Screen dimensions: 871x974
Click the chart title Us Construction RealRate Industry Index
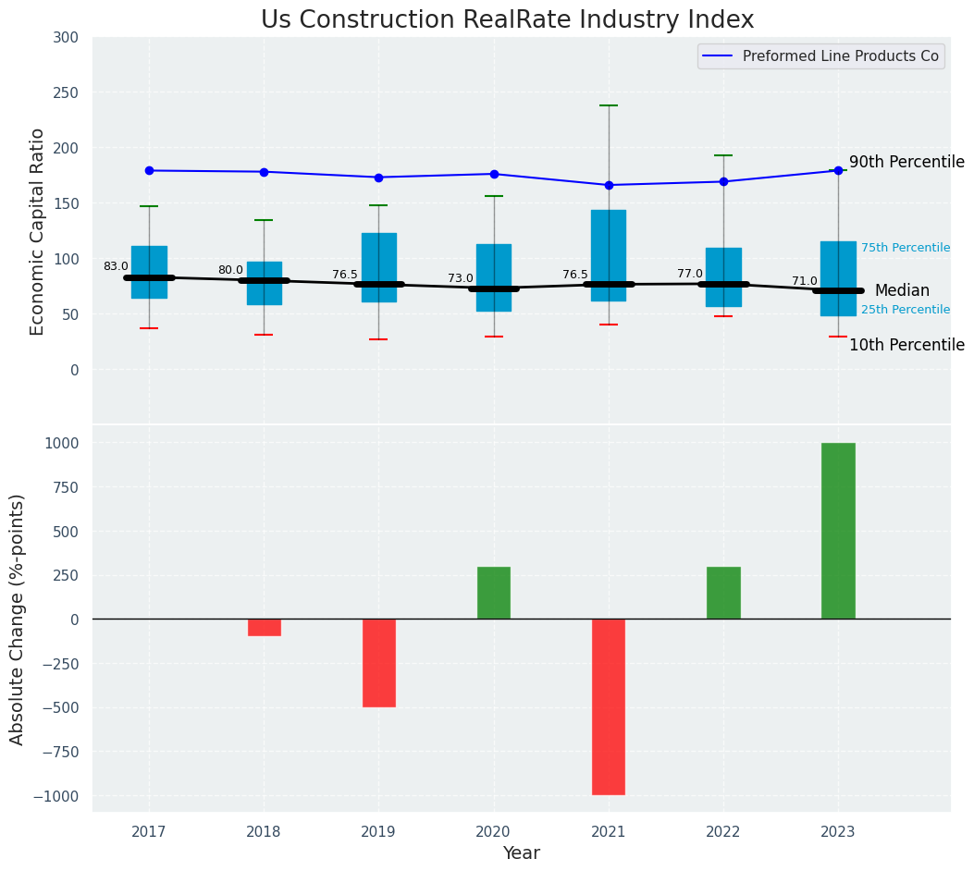pos(507,20)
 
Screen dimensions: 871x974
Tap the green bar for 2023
pos(838,531)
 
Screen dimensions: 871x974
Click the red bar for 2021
pos(609,706)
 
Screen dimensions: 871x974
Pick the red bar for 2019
pos(378,662)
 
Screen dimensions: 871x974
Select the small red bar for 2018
pos(265,627)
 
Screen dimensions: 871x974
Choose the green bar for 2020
pos(494,593)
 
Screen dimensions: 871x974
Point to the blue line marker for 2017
pos(149,170)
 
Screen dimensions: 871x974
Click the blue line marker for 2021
pos(609,185)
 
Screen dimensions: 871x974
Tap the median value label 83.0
pos(116,266)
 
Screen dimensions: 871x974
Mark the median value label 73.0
pos(461,278)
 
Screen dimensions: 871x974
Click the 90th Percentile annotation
pos(906,162)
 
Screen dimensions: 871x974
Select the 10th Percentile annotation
pos(906,345)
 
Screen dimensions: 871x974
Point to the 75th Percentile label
pos(906,248)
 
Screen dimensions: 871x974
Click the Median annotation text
pos(902,290)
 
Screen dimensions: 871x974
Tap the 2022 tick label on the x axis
pos(723,832)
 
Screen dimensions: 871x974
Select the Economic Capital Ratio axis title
pos(38,231)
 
